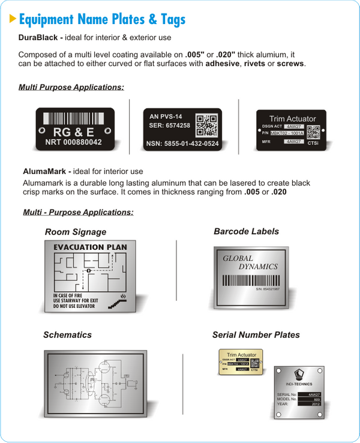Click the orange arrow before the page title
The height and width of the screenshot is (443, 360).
point(13,19)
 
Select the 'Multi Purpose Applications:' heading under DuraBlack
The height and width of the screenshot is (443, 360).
point(71,88)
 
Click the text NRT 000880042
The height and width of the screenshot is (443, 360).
point(74,143)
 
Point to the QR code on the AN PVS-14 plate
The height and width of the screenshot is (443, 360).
point(207,125)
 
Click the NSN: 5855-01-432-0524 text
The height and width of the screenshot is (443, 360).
point(182,144)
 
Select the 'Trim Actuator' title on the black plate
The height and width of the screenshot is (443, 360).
point(292,119)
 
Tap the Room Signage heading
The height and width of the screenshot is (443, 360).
point(76,232)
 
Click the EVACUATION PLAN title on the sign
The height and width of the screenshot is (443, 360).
point(90,247)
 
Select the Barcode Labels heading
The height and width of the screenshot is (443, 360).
point(246,231)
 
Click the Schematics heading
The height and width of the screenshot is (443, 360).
point(67,334)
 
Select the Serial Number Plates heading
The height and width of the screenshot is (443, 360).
point(256,334)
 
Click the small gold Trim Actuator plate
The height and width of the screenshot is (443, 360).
point(241,362)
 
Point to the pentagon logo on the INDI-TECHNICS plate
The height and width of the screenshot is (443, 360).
point(298,376)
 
